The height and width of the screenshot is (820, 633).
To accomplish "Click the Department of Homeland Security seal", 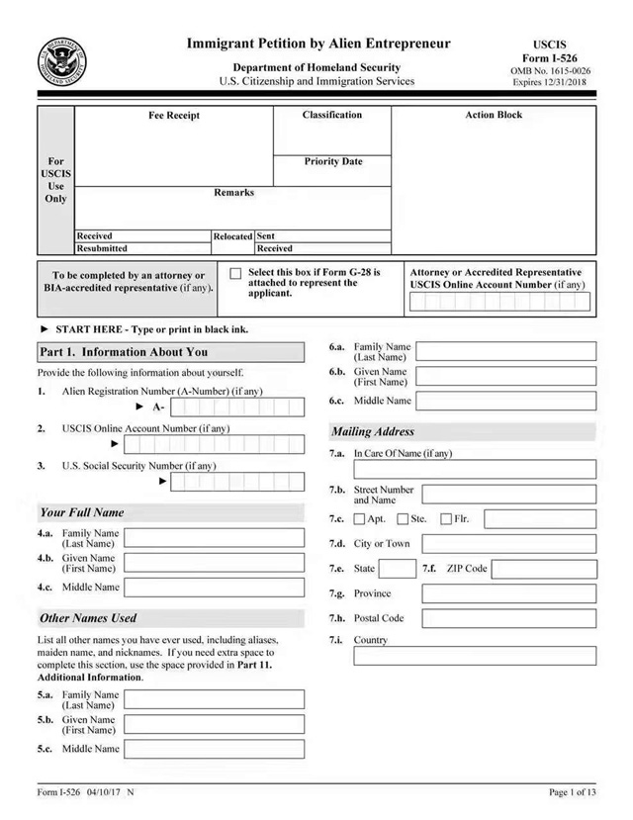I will [x=63, y=62].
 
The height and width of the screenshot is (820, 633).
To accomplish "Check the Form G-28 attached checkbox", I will [x=235, y=274].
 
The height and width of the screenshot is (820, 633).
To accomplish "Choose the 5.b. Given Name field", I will [x=214, y=724].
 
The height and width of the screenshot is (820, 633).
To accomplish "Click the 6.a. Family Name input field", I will [x=506, y=351].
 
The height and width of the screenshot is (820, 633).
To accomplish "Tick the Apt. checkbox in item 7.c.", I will [x=360, y=519].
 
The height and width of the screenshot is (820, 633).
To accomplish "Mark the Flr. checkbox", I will [x=446, y=519].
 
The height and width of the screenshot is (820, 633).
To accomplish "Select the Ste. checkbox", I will [x=403, y=519].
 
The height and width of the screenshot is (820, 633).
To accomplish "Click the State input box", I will [x=398, y=569].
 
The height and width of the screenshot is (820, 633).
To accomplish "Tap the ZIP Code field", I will [x=544, y=569].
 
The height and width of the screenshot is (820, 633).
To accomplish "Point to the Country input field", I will [x=476, y=656].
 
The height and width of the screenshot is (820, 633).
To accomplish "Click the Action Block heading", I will [x=494, y=116].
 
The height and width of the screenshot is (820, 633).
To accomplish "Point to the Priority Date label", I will [x=333, y=161].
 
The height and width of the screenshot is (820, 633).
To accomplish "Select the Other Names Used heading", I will [x=88, y=618].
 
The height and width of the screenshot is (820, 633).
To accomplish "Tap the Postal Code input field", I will [x=508, y=618].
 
